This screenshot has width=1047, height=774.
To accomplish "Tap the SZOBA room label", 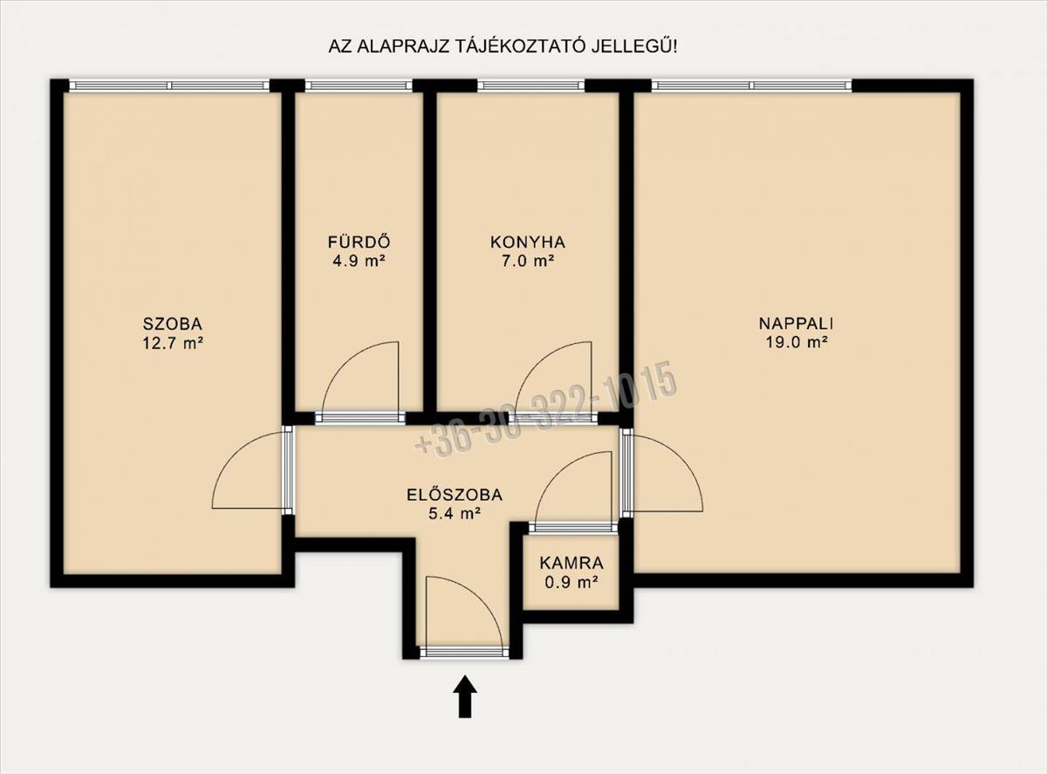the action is point(173,324).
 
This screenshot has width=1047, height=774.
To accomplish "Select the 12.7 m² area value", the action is point(173,342).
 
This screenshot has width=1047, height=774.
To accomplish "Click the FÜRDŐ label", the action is point(359,242).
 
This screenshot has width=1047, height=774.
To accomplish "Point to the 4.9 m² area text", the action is point(359,261).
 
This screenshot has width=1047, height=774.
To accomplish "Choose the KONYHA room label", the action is point(527,243).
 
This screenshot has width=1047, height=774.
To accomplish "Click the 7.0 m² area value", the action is point(527,261).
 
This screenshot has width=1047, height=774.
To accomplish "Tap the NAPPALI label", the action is point(796,324).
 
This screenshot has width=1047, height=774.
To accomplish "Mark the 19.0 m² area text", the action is point(796,342).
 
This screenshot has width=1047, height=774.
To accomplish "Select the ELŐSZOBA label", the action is point(455,495).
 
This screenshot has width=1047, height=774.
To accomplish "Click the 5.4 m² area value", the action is point(455,514).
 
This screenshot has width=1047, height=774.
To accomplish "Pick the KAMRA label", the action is point(571,564).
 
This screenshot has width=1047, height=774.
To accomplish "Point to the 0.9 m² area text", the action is point(571,582).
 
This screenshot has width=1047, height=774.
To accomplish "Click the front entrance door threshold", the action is point(464,652).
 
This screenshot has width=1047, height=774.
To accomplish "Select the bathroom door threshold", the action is point(360,418).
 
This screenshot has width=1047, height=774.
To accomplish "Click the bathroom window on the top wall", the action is point(359,86).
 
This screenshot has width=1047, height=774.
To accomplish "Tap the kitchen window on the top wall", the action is point(531,86).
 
